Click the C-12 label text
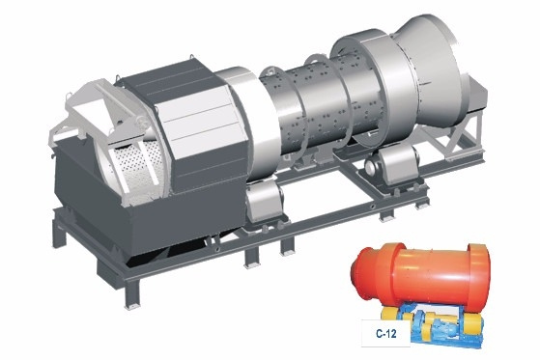tap(385, 334)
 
